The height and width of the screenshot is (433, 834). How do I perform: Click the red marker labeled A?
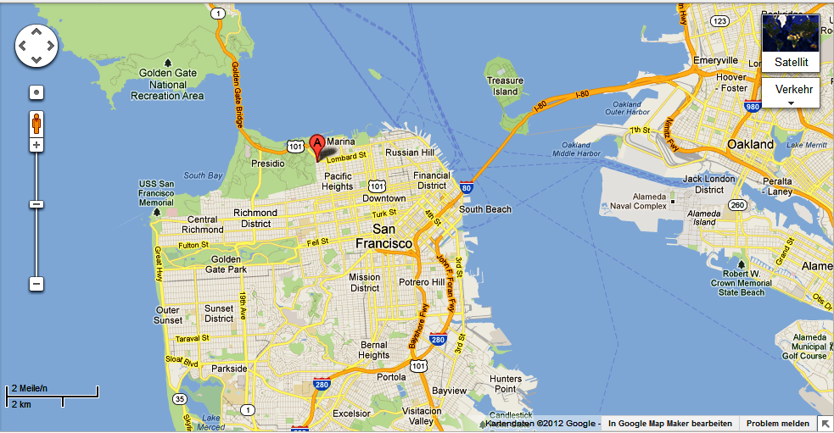pos(317,144)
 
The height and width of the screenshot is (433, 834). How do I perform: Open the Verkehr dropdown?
pos(791,92)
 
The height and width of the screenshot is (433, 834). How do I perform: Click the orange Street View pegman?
pos(36,122)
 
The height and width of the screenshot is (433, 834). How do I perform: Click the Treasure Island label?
pos(505,86)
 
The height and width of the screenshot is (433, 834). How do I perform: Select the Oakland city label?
pos(751,144)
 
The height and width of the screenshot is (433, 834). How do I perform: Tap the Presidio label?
pos(269,163)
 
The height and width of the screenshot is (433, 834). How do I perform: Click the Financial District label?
pos(431,180)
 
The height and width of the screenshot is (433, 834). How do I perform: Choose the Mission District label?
pos(365,282)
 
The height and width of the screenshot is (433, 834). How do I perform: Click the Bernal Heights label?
pos(373,350)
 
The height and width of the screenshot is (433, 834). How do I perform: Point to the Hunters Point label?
pos(506,384)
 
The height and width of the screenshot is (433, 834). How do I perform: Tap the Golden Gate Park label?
pos(227,264)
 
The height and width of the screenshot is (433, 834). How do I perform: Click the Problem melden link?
pos(777,423)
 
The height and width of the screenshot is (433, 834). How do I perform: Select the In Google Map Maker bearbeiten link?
pos(669,423)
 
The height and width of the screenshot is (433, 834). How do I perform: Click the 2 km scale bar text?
pos(21,403)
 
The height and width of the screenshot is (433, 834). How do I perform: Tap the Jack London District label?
pos(703,184)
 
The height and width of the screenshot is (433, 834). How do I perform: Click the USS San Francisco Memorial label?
pos(156,194)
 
